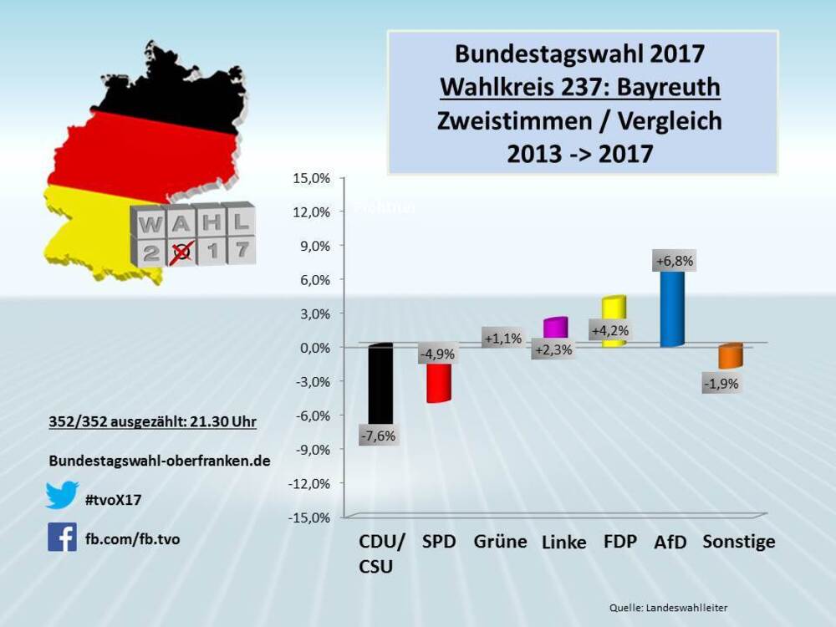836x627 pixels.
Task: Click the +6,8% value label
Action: (675, 262)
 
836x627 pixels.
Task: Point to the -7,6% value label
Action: (378, 436)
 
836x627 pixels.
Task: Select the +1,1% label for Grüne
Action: (502, 339)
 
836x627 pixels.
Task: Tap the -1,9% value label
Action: (720, 385)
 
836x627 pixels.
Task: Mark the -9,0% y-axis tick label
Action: (313, 449)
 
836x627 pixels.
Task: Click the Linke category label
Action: (563, 543)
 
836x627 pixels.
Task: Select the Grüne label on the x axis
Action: (500, 542)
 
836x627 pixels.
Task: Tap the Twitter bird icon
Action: (62, 495)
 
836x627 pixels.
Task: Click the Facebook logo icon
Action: (62, 537)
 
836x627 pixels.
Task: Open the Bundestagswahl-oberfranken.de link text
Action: (160, 461)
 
